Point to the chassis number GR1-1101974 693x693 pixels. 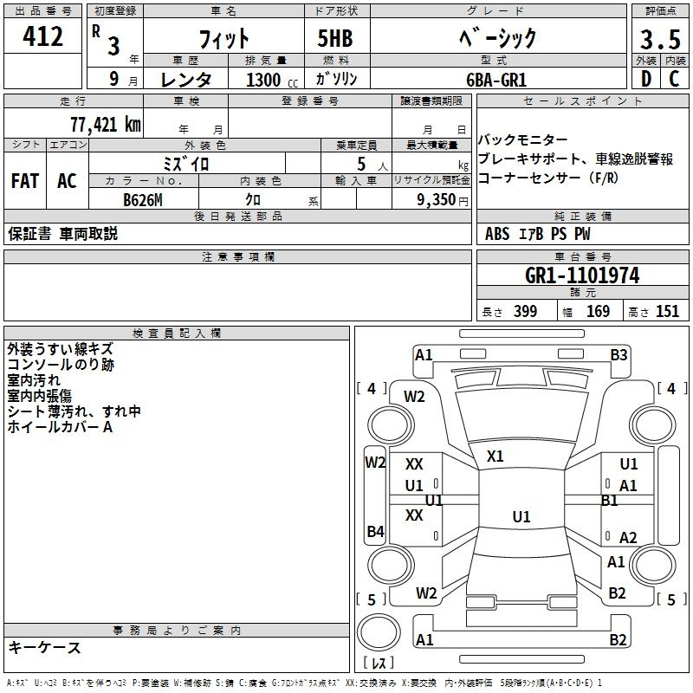(x=582, y=275)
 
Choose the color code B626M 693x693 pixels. (x=142, y=200)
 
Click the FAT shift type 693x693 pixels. (x=25, y=181)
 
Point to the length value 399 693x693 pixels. (x=525, y=311)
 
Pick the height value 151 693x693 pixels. (x=667, y=311)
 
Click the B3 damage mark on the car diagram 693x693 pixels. (x=619, y=355)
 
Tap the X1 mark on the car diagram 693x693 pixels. (x=495, y=456)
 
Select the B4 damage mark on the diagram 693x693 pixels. (x=375, y=531)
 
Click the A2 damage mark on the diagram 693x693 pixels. (x=628, y=538)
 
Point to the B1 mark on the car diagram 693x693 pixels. (x=609, y=501)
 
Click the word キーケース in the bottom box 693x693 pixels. (x=45, y=647)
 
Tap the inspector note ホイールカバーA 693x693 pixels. (x=60, y=427)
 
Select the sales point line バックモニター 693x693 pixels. (x=522, y=140)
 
